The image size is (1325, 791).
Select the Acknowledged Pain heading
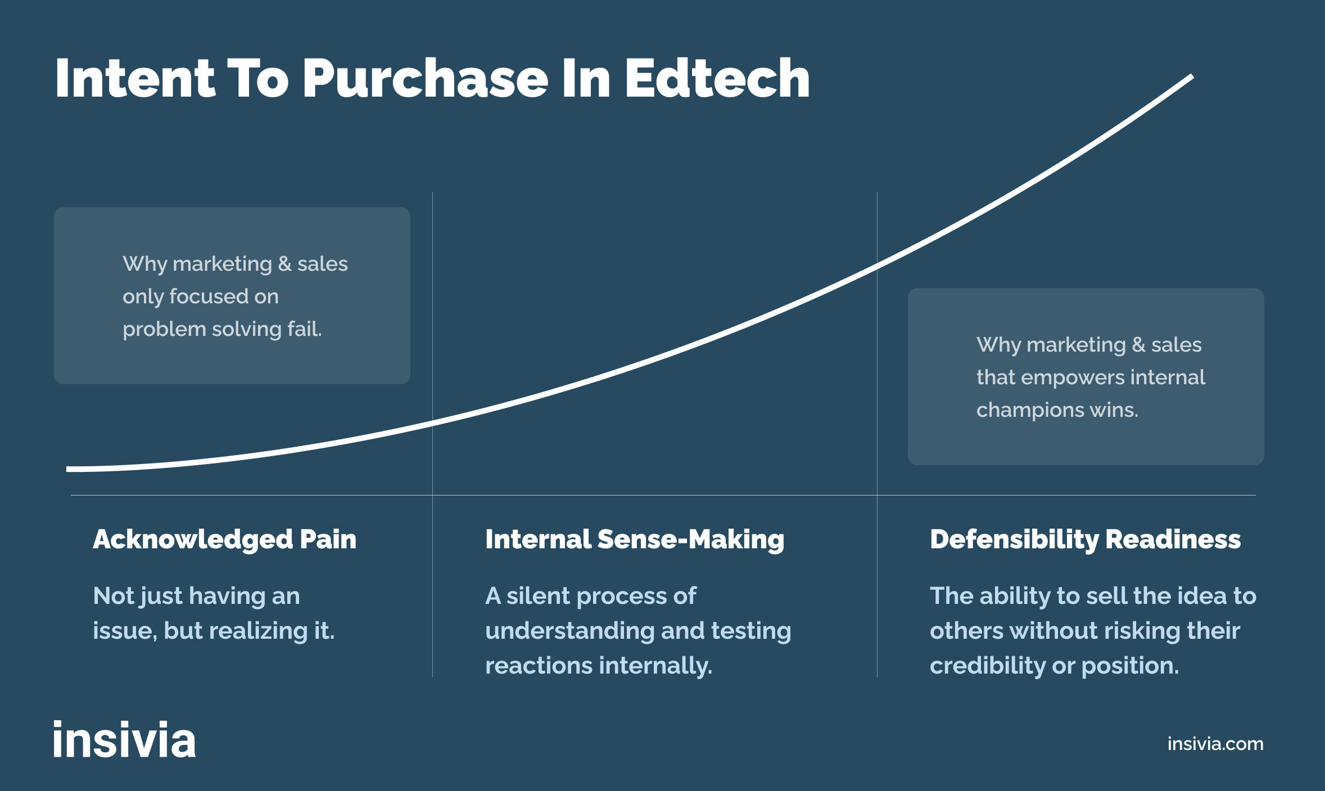224,539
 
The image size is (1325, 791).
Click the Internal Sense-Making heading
635,539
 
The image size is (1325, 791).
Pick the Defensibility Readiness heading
1085,539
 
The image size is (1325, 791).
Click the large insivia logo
124,740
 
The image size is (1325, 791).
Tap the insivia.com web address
1215,744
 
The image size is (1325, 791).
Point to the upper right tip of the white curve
1191,77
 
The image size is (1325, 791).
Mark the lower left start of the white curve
69,469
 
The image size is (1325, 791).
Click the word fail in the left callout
304,329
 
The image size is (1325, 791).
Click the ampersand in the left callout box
285,264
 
